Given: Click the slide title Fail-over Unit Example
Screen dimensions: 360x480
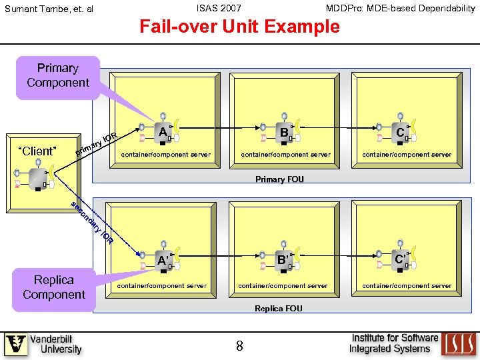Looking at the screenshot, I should (x=239, y=27).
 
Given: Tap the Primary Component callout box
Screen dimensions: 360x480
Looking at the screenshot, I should (x=57, y=76).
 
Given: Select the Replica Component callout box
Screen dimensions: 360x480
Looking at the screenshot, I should (x=54, y=288).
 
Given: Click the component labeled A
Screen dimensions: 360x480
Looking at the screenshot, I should (x=162, y=132).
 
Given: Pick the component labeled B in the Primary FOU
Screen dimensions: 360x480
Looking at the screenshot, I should (x=285, y=132).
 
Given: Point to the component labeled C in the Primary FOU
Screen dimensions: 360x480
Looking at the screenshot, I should (x=400, y=132).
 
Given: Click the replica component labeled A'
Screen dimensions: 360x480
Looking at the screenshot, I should (x=162, y=260).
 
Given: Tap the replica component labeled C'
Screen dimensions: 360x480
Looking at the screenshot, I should (x=400, y=259).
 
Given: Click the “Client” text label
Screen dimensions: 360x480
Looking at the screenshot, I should (x=37, y=151).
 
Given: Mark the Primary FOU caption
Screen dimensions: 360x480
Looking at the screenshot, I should (x=279, y=179).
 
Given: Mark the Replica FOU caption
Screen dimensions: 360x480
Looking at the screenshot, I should (x=279, y=308).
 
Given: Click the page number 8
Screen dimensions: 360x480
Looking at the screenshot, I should (x=239, y=345).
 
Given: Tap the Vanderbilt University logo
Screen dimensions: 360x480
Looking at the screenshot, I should (x=43, y=344).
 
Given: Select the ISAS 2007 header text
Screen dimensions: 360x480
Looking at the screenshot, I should (x=219, y=8).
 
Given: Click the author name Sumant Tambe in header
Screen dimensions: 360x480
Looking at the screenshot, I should (x=49, y=9).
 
